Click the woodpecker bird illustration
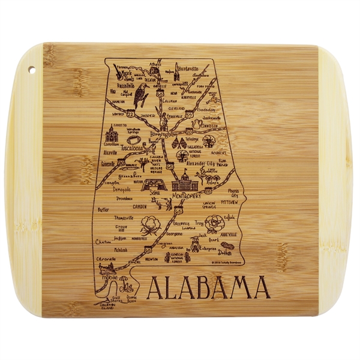pos(142,93)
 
